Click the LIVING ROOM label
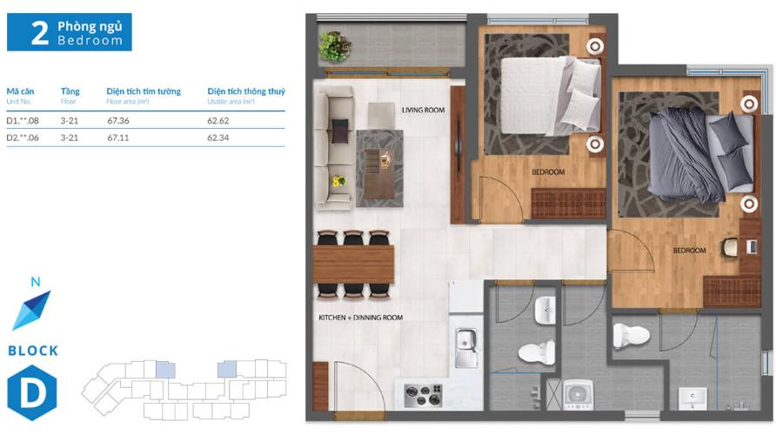(423, 110)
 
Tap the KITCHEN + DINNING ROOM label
(360, 318)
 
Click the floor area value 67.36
(118, 120)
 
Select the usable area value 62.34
(218, 137)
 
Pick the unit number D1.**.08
(24, 120)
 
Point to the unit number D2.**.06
(24, 137)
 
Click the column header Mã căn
(19, 91)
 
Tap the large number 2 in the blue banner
(39, 33)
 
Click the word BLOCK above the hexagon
(33, 351)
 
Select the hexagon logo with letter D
(32, 392)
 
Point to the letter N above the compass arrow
(35, 282)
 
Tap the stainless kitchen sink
(466, 346)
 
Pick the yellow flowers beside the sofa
(338, 182)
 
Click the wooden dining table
(353, 264)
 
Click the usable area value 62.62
(218, 120)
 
